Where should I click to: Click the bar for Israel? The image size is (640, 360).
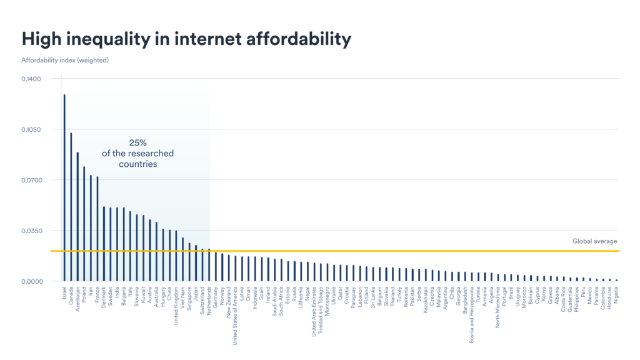pyautogui.click(x=64, y=187)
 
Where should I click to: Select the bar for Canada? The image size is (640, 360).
pyautogui.click(x=71, y=206)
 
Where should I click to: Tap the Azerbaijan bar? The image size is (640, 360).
pyautogui.click(x=77, y=216)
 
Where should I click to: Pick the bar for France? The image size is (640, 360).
pyautogui.click(x=97, y=229)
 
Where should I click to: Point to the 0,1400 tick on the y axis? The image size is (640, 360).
pyautogui.click(x=31, y=79)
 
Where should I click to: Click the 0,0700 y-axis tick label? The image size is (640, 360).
pyautogui.click(x=31, y=180)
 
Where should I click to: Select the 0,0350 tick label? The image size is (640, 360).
pyautogui.click(x=31, y=231)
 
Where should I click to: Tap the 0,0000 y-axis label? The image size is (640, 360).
pyautogui.click(x=31, y=281)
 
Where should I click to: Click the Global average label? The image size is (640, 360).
pyautogui.click(x=594, y=241)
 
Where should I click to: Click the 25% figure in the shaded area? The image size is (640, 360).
pyautogui.click(x=137, y=142)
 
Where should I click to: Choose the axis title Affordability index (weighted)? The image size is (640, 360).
pyautogui.click(x=65, y=60)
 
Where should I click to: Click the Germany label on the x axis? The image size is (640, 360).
pyautogui.click(x=216, y=300)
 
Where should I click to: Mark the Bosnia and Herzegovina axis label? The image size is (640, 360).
pyautogui.click(x=471, y=316)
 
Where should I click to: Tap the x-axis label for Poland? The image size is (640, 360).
pyautogui.click(x=84, y=296)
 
